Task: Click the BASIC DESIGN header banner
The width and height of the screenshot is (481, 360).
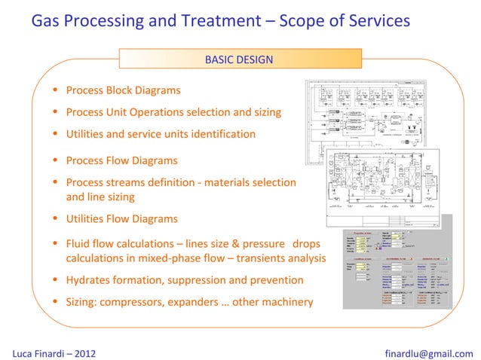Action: coord(239,59)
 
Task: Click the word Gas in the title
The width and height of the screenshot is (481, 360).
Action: coord(47,20)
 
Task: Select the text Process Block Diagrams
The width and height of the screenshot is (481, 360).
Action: coord(123,90)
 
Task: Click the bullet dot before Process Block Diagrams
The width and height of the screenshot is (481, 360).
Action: coord(55,91)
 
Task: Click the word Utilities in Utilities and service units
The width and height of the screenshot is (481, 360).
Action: coord(87,134)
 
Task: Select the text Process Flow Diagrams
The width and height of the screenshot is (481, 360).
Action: coord(121,160)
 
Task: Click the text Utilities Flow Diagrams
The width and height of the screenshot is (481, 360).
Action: coord(121,219)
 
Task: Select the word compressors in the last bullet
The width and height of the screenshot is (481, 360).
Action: coord(140,302)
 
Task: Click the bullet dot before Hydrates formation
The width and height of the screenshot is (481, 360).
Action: coord(55,281)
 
